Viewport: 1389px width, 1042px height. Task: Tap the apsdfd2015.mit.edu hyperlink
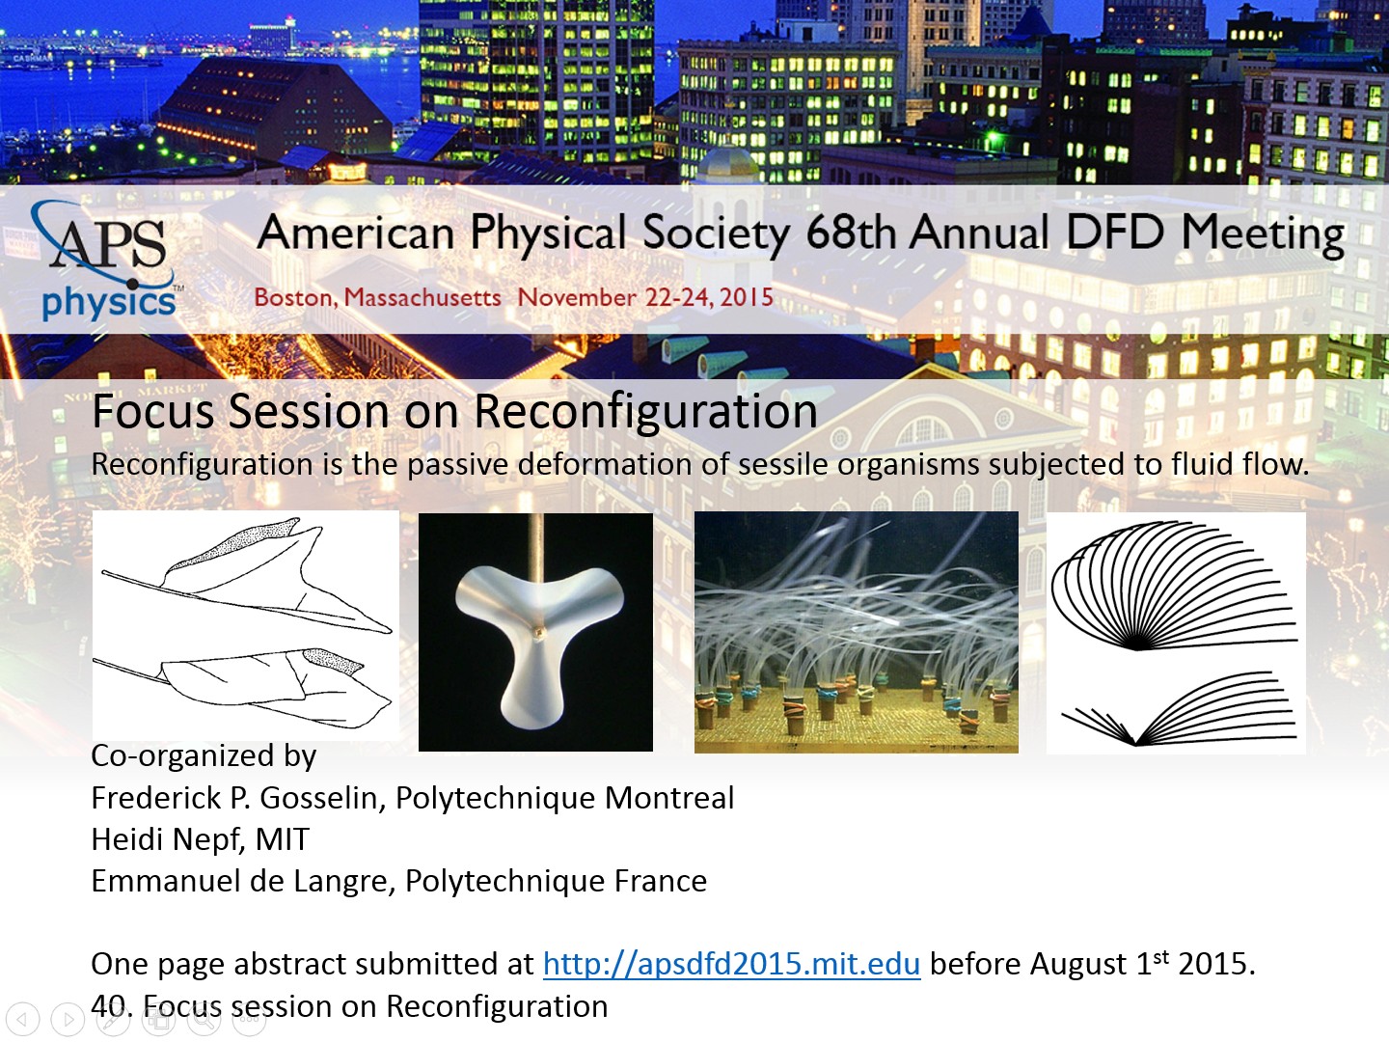coord(731,964)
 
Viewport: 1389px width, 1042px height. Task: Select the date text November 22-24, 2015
coord(645,297)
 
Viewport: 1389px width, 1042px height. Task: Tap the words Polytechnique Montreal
coord(564,799)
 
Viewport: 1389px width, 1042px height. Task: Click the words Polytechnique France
coord(556,882)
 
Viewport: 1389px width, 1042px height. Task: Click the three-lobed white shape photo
coord(535,632)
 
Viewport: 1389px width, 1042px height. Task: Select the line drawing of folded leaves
coord(246,626)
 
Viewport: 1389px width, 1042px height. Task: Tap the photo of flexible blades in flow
coord(857,632)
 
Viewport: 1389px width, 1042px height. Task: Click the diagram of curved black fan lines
coord(1176,633)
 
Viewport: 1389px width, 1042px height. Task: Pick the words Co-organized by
coord(204,756)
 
